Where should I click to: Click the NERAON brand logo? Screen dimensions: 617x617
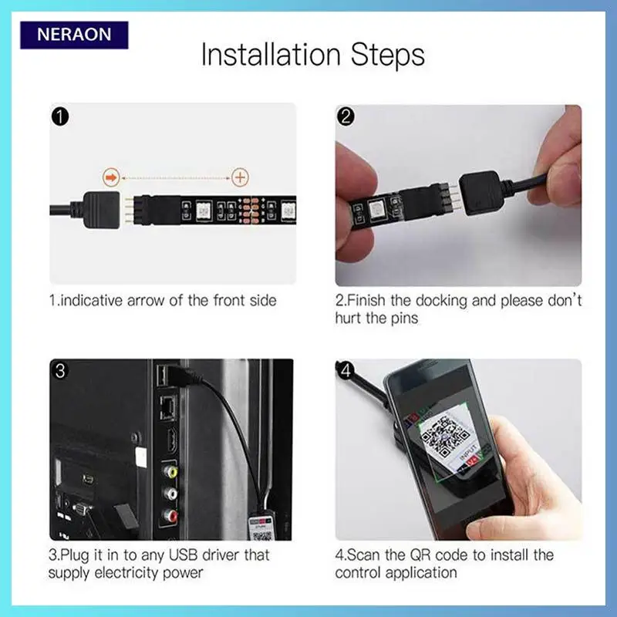tap(74, 35)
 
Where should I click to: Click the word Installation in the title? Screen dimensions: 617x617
tap(271, 54)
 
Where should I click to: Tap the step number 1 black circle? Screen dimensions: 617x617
tap(60, 117)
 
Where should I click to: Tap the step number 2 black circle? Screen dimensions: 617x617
tap(346, 117)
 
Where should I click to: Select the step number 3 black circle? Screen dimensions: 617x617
tap(60, 371)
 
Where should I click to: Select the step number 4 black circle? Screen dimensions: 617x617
tap(346, 371)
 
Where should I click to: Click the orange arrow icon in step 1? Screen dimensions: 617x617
tap(111, 177)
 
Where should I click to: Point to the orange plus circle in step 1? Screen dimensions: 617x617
tap(240, 177)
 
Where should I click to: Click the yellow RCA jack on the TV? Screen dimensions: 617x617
tap(170, 471)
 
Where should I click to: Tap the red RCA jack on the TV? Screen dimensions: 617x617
tap(170, 514)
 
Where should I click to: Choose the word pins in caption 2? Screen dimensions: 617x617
tap(404, 318)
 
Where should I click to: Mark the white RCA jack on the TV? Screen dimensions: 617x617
tap(170, 493)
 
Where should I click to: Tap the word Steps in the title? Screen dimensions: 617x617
tap(388, 54)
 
